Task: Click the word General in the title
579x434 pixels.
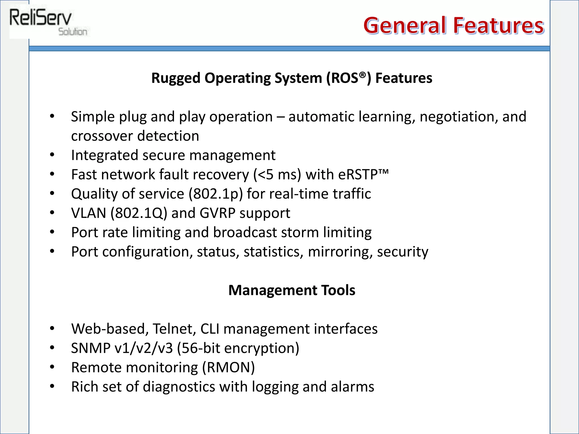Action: point(405,25)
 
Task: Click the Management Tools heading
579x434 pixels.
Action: point(291,290)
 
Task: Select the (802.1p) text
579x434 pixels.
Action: point(215,194)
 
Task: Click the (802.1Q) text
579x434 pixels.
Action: point(139,213)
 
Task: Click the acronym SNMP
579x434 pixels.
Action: point(90,348)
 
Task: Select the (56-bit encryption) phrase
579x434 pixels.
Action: point(238,348)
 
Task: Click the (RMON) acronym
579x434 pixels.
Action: point(228,368)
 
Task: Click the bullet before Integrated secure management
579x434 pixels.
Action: point(52,155)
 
